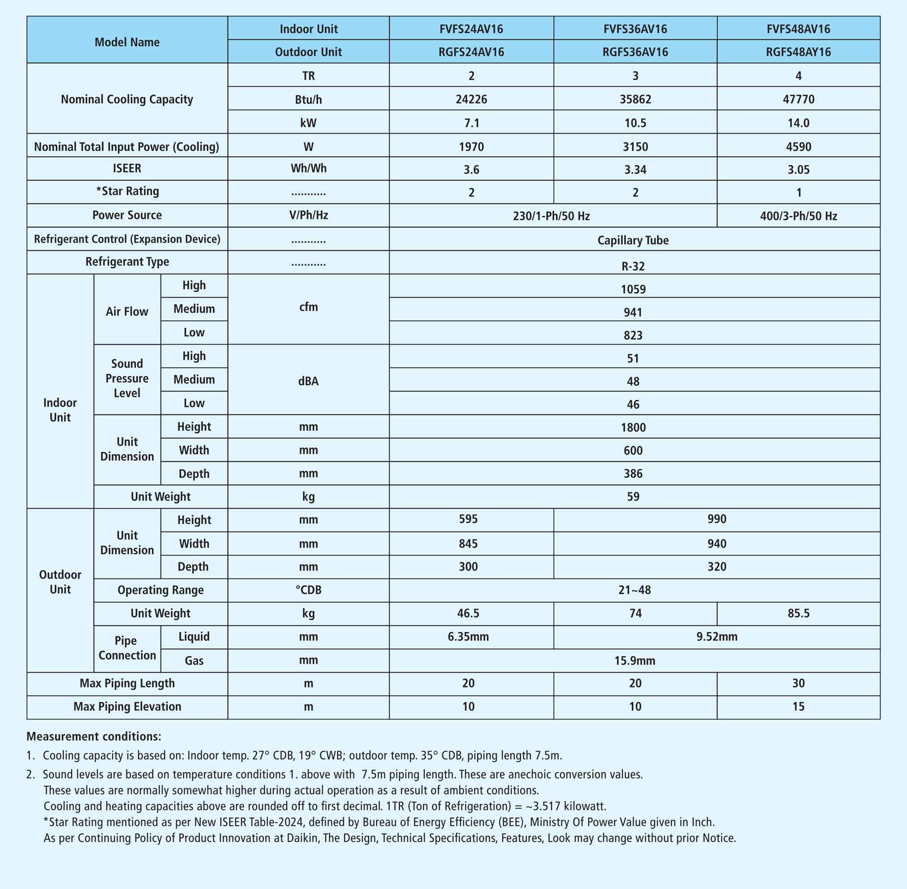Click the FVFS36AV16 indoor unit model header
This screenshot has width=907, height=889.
(635, 29)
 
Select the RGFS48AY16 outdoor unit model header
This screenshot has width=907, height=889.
(798, 52)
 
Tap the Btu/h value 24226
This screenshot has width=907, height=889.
(471, 99)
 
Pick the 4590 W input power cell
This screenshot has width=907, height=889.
(798, 147)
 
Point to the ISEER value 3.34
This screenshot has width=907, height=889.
(635, 169)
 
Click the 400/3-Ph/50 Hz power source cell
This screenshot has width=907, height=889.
(798, 216)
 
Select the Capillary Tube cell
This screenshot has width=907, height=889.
(633, 241)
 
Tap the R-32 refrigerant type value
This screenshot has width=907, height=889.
(633, 266)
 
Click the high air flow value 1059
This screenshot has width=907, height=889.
(633, 289)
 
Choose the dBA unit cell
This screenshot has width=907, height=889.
(308, 381)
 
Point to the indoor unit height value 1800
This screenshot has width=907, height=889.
(633, 427)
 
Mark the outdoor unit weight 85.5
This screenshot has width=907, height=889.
(798, 613)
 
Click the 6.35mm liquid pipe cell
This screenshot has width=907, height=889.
(468, 637)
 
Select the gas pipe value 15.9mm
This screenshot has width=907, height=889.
(634, 660)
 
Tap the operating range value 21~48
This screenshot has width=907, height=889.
(634, 590)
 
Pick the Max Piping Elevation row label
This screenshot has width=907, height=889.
(127, 707)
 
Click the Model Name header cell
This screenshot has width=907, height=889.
(127, 42)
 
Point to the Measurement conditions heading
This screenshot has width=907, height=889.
(94, 736)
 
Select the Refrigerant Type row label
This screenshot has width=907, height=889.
(127, 262)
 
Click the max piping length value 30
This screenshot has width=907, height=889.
(798, 683)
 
